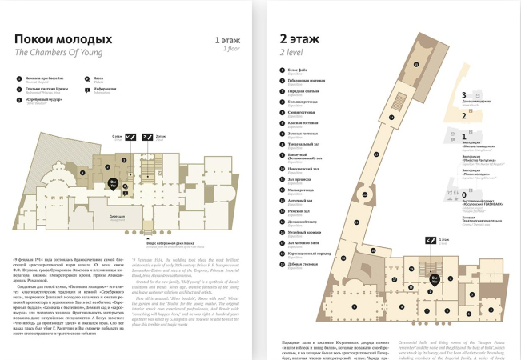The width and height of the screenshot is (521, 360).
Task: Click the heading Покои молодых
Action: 63,40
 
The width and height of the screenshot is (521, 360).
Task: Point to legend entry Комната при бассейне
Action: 45,78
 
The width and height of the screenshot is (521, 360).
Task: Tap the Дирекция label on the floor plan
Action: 117,215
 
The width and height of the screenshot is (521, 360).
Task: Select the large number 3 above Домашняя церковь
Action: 463,94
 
